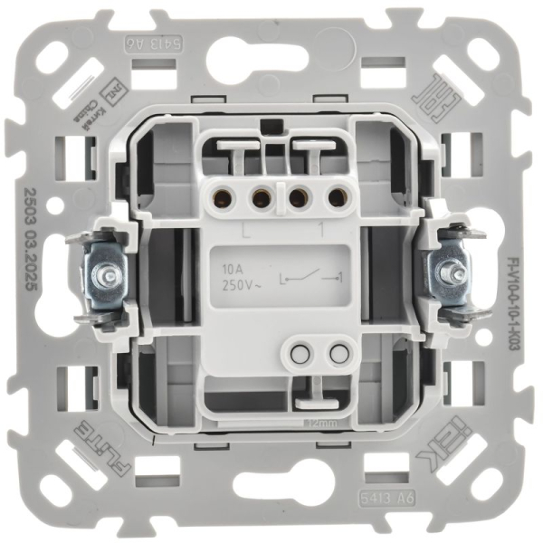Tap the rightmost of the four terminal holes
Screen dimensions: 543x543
pos(338,195)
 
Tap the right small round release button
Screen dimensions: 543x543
pos(338,350)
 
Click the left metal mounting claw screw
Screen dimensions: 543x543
pos(108,272)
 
